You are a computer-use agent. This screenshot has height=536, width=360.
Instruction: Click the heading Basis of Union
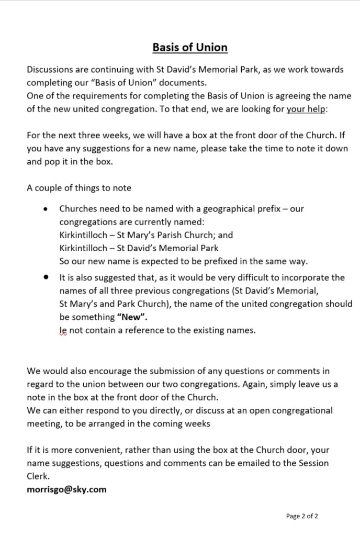pyautogui.click(x=190, y=48)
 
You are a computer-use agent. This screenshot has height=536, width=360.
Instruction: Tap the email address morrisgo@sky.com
pyautogui.click(x=66, y=489)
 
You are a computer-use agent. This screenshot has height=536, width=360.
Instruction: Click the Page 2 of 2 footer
pyautogui.click(x=302, y=516)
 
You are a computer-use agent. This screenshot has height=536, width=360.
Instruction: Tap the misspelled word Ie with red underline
pyautogui.click(x=63, y=331)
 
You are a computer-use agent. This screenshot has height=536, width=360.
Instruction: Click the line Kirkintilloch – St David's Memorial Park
pyautogui.click(x=139, y=248)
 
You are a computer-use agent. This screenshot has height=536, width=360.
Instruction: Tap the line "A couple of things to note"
pyautogui.click(x=79, y=188)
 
